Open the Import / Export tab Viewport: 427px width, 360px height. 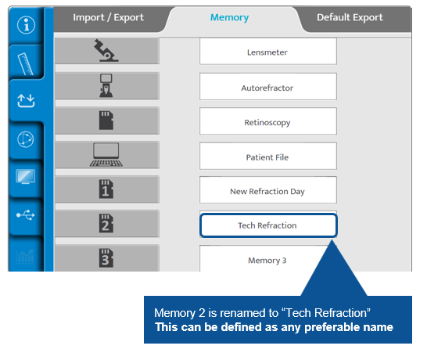coord(108,17)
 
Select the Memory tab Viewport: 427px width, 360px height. coord(229,17)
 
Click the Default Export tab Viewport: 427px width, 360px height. coord(350,17)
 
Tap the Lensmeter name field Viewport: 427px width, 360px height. coord(268,52)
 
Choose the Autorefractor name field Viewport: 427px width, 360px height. coord(268,87)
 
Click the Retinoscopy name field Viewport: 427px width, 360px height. coord(268,121)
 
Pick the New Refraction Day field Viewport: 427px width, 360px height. coord(268,190)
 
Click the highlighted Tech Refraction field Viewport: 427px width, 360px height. coord(268,225)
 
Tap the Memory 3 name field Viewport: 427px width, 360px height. coord(268,259)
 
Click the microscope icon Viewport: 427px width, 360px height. coord(106,50)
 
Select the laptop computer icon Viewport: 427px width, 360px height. coord(106,154)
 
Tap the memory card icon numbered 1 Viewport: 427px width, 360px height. coord(106,189)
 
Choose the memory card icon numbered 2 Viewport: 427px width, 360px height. coord(106,223)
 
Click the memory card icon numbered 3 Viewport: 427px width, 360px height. coord(106,257)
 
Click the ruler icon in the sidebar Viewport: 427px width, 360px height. coord(25,63)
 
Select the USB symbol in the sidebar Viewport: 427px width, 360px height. coord(26,215)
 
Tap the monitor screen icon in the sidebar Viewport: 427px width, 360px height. coord(26,176)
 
